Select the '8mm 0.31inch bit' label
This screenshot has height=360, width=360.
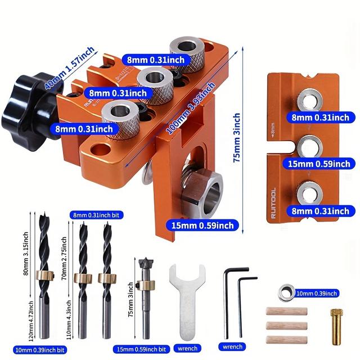(96, 214)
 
